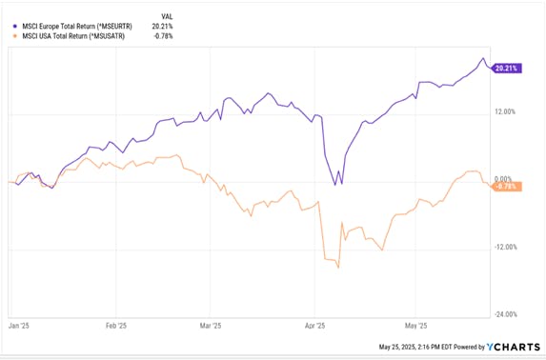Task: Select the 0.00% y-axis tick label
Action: pos(504,179)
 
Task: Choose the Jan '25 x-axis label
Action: pos(20,324)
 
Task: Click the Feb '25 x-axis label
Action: pos(116,324)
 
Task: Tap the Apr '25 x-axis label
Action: pos(313,324)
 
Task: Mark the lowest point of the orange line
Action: pos(338,268)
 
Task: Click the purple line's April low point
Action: pos(334,185)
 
